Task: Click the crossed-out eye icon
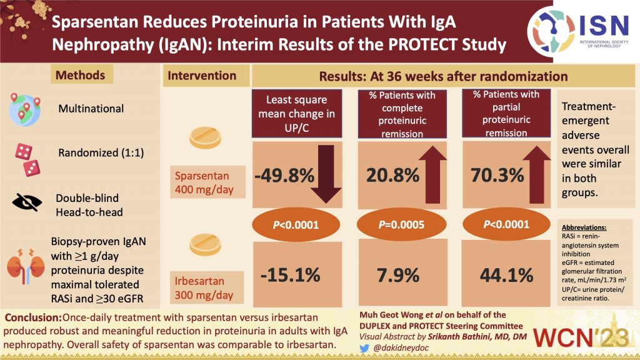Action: [26, 202]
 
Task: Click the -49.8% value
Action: [284, 176]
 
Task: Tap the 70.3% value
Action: [494, 176]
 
